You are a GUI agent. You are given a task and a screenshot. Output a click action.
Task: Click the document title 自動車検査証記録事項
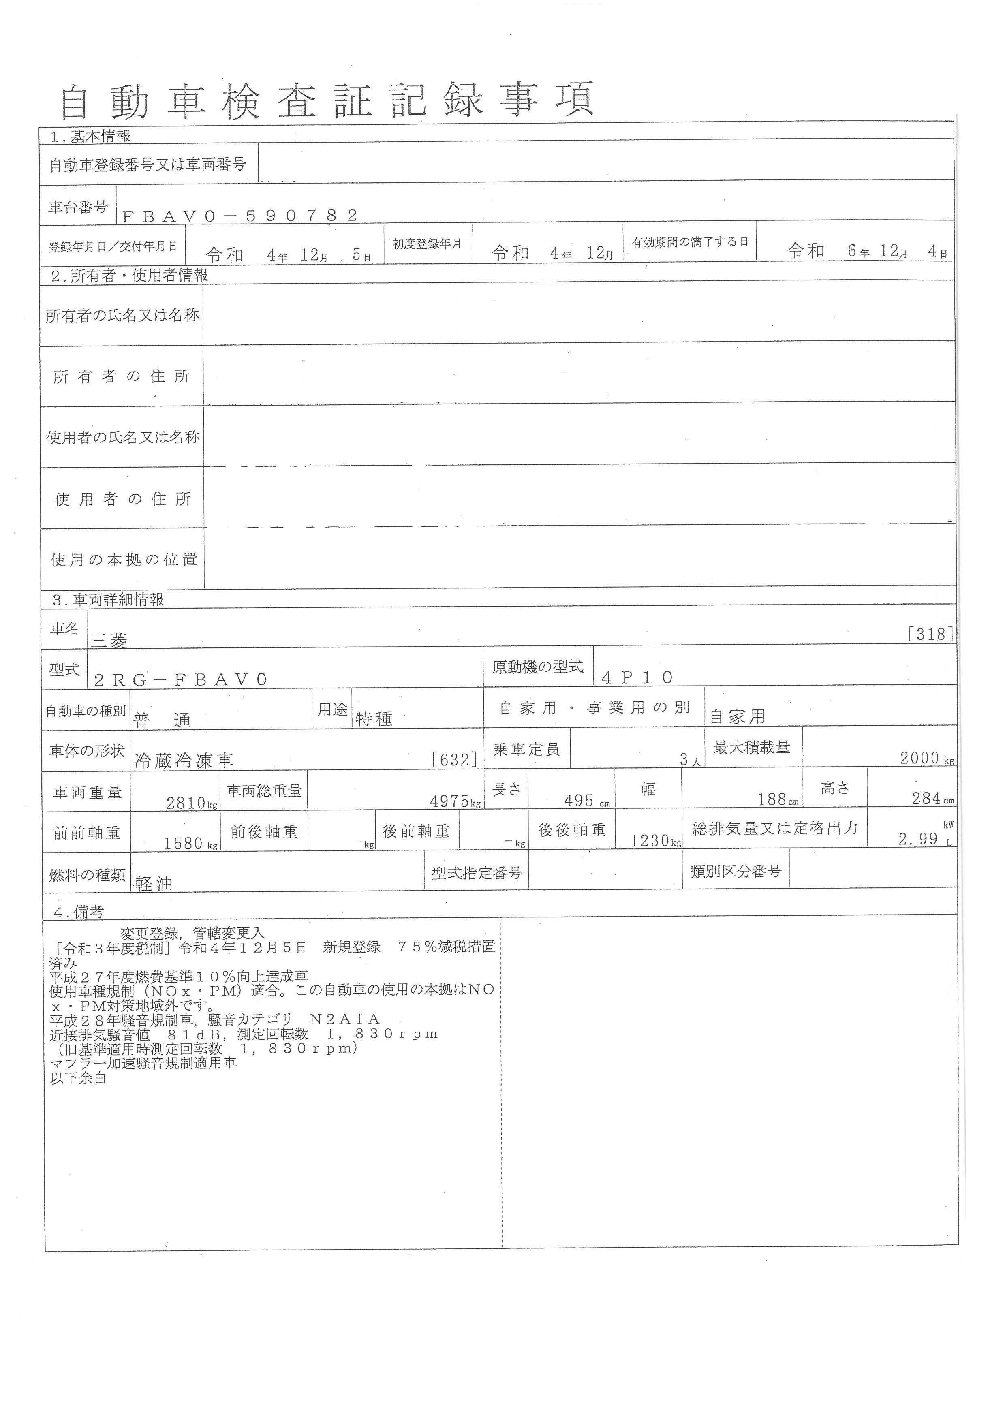pos(327,101)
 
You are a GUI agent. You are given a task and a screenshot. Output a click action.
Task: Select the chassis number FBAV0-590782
pos(240,216)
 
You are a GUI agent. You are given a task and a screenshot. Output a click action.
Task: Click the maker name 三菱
pos(109,641)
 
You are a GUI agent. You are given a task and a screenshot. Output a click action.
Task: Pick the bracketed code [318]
pos(930,635)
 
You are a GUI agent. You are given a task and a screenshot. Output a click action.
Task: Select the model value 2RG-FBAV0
pos(181,680)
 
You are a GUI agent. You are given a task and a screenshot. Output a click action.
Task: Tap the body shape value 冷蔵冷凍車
pos(184,761)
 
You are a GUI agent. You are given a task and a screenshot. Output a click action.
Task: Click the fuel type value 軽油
pos(154,884)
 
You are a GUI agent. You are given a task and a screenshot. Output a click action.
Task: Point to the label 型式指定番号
pos(477,873)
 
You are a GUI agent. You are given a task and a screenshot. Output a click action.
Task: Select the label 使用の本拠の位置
pos(124,560)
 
